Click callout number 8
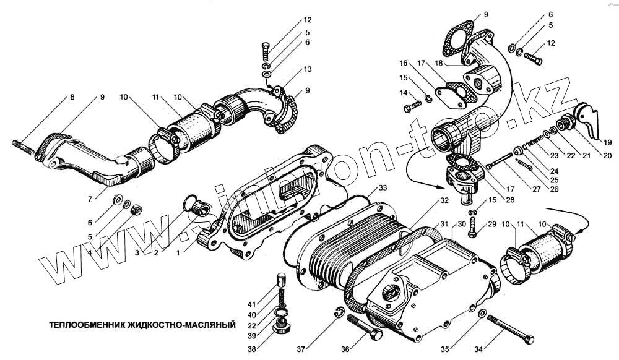point(71,97)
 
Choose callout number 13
point(308,69)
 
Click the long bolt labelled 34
point(510,327)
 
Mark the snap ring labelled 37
point(339,313)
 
